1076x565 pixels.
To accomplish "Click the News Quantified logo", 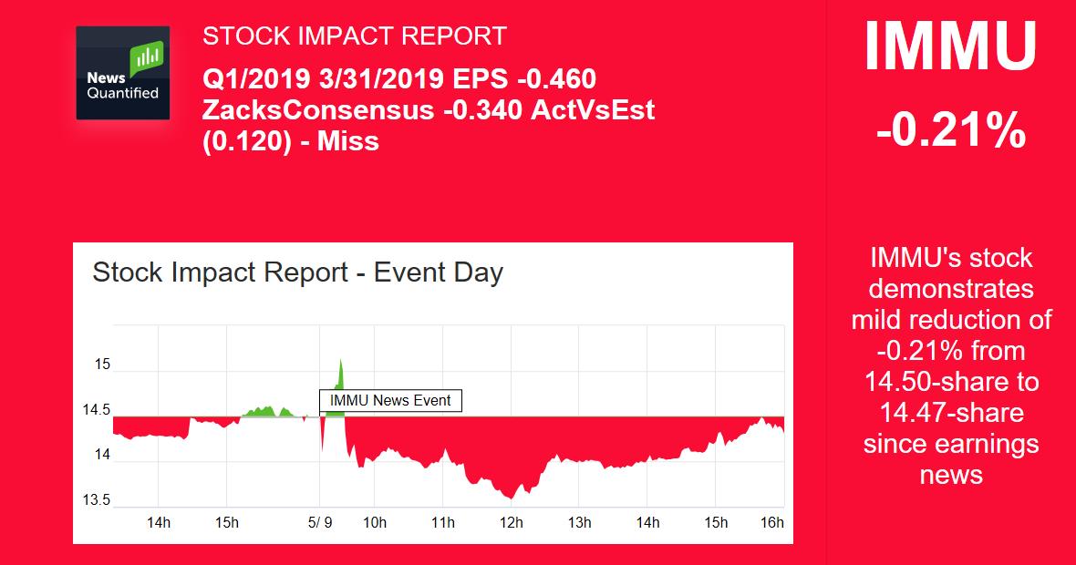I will coord(122,73).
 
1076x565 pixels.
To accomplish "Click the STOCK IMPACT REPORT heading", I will coord(354,36).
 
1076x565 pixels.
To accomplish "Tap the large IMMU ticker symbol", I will coord(950,47).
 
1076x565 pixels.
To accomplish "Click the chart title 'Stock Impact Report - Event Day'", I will coord(297,272).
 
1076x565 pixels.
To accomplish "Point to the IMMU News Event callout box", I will coord(390,400).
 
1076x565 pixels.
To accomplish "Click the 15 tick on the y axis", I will coord(101,365).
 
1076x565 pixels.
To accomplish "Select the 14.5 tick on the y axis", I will coord(97,410).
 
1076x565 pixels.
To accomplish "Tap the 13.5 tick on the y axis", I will coord(97,500).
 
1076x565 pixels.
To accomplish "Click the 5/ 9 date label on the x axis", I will coord(320,523).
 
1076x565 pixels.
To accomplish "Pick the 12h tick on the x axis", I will coord(511,523).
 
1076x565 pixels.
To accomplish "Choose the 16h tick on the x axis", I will coord(771,523).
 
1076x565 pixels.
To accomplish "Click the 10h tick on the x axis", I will coord(374,523).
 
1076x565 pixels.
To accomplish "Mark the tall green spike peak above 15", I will coord(340,361).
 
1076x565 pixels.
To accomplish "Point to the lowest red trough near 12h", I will coord(512,498).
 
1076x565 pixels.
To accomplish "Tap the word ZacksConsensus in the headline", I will coord(317,110).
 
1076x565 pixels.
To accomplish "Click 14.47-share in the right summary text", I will coord(950,413).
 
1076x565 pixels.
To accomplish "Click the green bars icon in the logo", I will coord(146,59).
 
